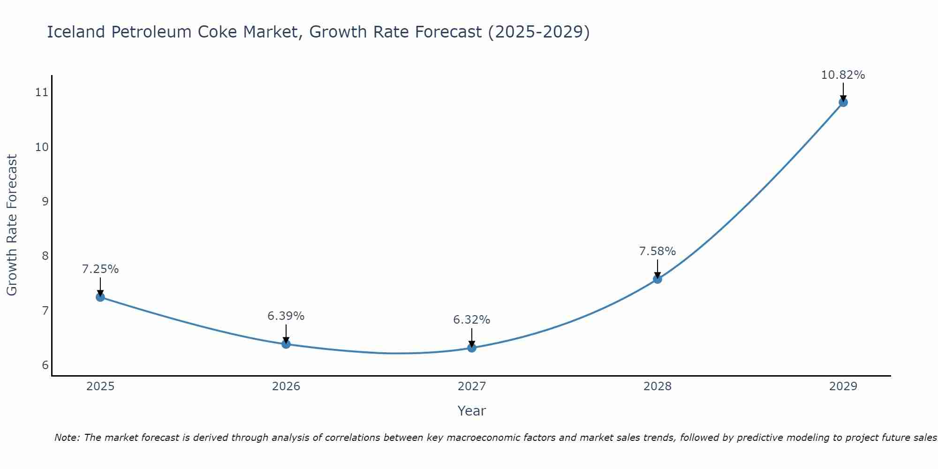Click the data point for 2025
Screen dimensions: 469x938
100,297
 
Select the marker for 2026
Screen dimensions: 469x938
286,344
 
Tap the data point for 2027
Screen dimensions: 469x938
472,348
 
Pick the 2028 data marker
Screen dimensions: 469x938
658,279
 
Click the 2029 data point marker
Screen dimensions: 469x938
843,102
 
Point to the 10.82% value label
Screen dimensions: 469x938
843,75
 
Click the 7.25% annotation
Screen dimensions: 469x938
100,269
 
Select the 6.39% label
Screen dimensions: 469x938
286,316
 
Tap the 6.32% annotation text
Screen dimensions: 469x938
472,320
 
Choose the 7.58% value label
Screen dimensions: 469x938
658,251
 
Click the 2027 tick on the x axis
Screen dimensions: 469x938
472,386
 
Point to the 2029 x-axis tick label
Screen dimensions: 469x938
843,386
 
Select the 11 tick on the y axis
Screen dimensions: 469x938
42,92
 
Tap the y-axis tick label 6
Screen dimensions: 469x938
45,365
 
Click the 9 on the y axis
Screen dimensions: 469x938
45,202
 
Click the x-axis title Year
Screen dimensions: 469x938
471,411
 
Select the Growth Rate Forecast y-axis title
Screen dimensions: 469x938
12,225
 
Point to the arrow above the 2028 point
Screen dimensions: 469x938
658,269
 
